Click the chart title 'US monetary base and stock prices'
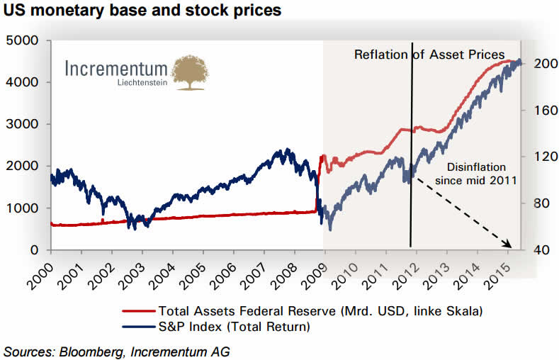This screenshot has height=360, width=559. pos(142,11)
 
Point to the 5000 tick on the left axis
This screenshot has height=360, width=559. pos(26,40)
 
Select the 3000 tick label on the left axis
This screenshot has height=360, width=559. pos(26,124)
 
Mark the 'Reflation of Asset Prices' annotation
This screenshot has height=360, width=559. pos(429,55)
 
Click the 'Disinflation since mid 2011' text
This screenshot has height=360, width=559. pos(476,174)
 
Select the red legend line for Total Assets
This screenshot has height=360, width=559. pos(139,310)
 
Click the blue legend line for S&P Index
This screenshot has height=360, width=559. pos(139,327)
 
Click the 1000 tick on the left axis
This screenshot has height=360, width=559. pos(26,208)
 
